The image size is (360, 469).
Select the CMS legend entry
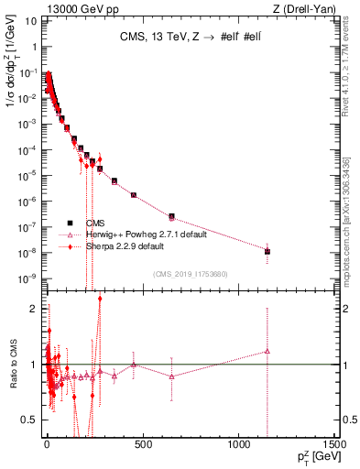click(x=95, y=223)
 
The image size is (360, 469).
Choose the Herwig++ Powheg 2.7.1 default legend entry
click(x=147, y=234)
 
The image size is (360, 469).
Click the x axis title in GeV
click(x=315, y=459)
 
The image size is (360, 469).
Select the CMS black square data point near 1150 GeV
click(x=267, y=251)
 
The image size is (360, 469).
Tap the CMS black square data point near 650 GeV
click(x=171, y=216)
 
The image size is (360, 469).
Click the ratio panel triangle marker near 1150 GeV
click(x=267, y=351)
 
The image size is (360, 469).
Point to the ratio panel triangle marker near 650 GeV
click(x=171, y=376)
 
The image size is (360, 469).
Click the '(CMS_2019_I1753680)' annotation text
click(x=190, y=275)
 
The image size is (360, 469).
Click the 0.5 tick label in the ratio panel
click(x=29, y=420)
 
